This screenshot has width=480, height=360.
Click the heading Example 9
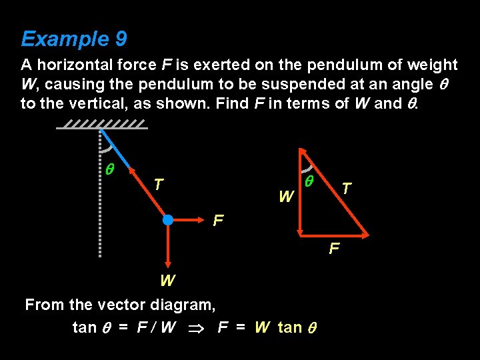(73, 39)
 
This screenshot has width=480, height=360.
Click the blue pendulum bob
(168, 219)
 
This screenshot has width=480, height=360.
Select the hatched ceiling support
(101, 125)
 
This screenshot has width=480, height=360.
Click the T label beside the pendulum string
(157, 184)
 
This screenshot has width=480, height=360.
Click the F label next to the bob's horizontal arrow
(218, 220)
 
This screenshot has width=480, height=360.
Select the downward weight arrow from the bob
(168, 247)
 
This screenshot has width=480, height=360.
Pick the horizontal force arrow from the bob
(190, 219)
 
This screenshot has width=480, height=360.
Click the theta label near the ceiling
(110, 170)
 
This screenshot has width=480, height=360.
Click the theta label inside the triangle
(309, 181)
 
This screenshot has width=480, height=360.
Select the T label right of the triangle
(347, 189)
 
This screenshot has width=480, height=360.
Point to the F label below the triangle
(335, 249)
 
